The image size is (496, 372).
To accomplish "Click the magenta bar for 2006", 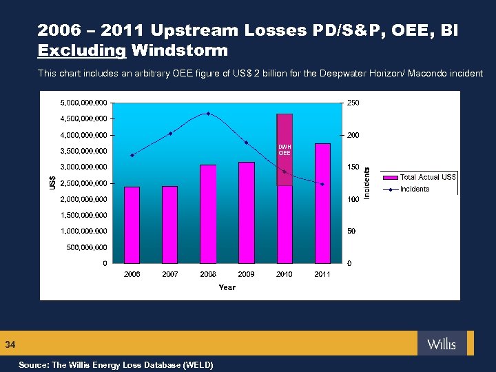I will [132, 225].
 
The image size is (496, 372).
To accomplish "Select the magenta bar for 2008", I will [208, 214].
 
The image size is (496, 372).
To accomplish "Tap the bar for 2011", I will [322, 203].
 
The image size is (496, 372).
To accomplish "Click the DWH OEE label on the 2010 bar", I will [284, 149].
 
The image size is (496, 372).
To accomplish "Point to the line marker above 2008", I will [208, 114].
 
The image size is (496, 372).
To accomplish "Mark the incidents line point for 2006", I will [132, 155].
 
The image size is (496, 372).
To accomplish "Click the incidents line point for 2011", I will [322, 184].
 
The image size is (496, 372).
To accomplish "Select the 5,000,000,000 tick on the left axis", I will [85, 103].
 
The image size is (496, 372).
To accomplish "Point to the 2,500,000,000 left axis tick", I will [85, 183].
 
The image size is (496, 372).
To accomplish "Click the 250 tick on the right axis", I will [352, 103].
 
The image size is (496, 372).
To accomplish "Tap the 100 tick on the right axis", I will [352, 199].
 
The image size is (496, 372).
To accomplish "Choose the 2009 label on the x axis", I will [246, 274].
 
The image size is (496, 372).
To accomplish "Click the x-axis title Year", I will [227, 287].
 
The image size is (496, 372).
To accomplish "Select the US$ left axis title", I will [53, 183].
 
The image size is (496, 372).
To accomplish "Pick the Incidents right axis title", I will [367, 183].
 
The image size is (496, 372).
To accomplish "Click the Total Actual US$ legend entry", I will [428, 177].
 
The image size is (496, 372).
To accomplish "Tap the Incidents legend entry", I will [414, 189].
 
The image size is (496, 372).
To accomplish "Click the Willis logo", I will [441, 343].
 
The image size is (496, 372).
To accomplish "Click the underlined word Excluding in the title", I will [82, 50].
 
